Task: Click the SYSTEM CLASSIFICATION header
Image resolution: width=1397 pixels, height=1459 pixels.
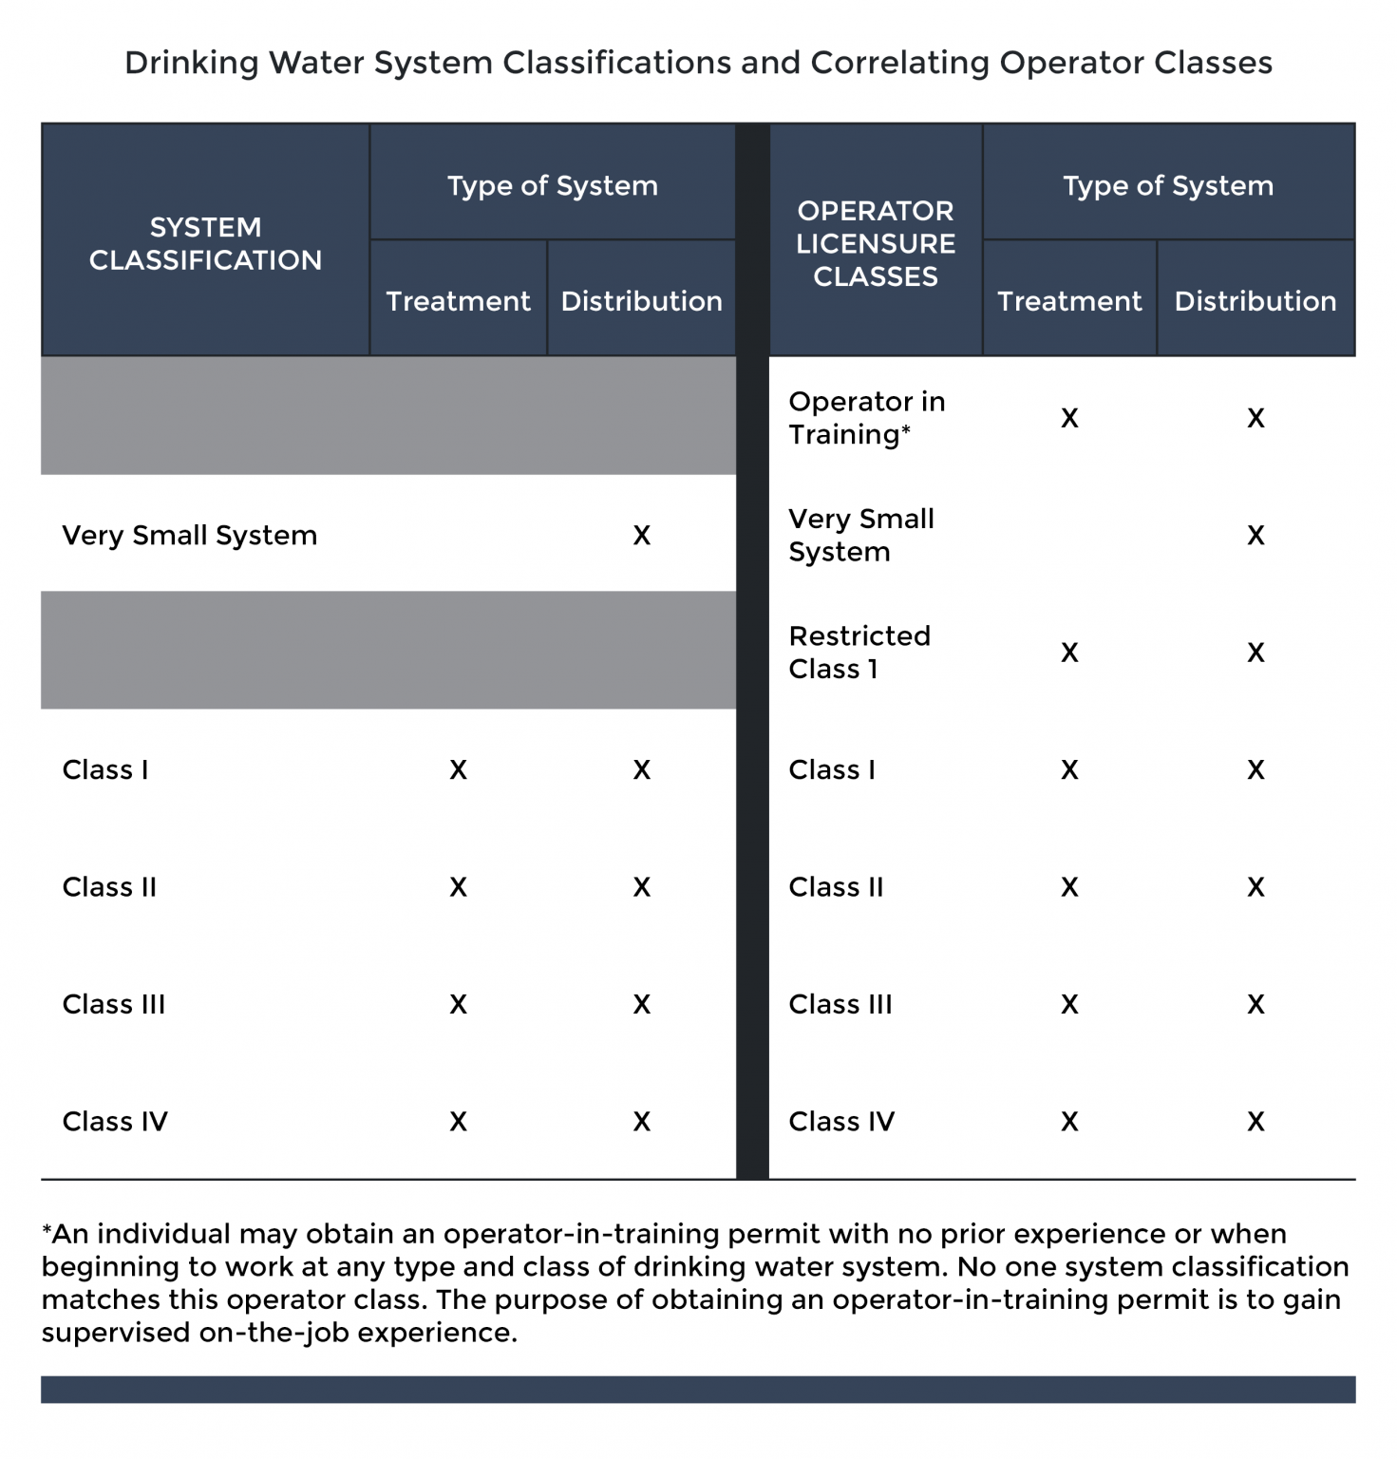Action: tap(205, 243)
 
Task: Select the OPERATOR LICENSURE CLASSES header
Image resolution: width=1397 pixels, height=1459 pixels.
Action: tap(875, 243)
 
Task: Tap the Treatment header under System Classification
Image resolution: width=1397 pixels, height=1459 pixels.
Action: tap(458, 301)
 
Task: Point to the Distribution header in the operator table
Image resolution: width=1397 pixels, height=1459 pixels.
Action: tap(1255, 301)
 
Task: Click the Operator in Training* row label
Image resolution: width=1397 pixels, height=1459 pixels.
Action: tap(866, 418)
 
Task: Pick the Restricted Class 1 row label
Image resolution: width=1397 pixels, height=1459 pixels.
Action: tap(859, 653)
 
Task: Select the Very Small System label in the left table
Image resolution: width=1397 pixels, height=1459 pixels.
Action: tap(189, 536)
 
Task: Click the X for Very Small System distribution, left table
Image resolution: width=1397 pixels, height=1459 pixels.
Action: tap(642, 536)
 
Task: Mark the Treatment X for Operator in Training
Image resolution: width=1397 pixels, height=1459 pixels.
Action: tap(1069, 418)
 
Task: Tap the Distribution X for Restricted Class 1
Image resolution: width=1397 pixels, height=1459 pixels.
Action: tap(1255, 653)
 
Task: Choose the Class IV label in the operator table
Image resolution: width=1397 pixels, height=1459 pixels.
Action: tap(840, 1122)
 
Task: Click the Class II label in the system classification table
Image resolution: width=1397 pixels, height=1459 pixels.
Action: tap(109, 887)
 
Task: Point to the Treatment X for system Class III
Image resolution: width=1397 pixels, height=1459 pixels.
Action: tap(458, 1005)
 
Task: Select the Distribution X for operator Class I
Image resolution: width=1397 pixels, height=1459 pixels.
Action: tap(1255, 769)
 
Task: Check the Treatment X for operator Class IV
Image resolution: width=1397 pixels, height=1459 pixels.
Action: tap(1069, 1122)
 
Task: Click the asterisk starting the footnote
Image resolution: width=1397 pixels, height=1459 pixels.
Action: tap(47, 1230)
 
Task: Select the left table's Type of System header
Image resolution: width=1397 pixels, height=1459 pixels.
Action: tap(552, 185)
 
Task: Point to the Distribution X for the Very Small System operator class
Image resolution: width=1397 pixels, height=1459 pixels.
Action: tap(1255, 536)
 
